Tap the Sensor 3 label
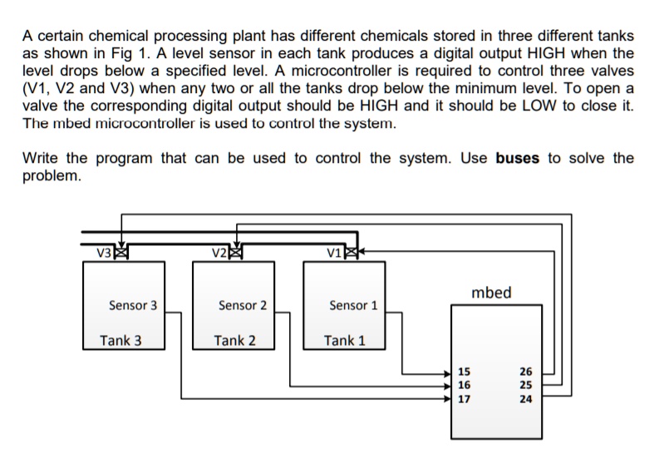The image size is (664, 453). click(x=133, y=305)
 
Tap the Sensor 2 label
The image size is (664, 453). click(x=242, y=305)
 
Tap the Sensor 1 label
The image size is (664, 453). click(x=353, y=305)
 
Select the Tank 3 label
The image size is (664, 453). click(x=121, y=340)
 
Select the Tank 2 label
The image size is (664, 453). click(x=234, y=340)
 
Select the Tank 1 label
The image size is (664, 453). click(x=345, y=340)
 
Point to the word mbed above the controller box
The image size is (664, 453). click(x=491, y=293)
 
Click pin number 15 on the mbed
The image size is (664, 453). click(x=465, y=372)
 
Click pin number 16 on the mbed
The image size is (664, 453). click(x=465, y=385)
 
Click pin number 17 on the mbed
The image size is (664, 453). click(x=465, y=398)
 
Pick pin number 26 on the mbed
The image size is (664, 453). click(x=525, y=372)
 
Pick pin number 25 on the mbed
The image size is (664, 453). click(x=525, y=385)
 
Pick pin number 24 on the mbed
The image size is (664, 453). click(x=525, y=398)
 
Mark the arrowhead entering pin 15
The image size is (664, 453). click(x=451, y=372)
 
